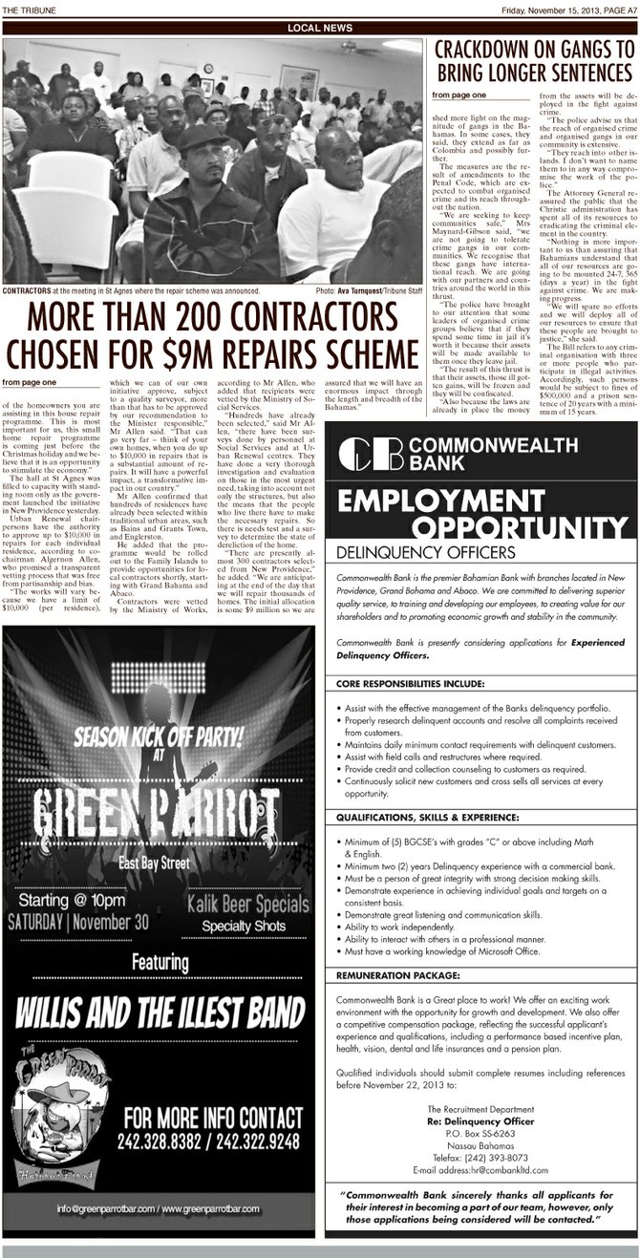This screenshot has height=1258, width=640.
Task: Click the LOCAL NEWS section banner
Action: click(x=320, y=29)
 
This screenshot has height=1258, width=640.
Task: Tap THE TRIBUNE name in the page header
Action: click(x=32, y=10)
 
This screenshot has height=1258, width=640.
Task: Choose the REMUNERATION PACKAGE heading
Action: click(x=396, y=975)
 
